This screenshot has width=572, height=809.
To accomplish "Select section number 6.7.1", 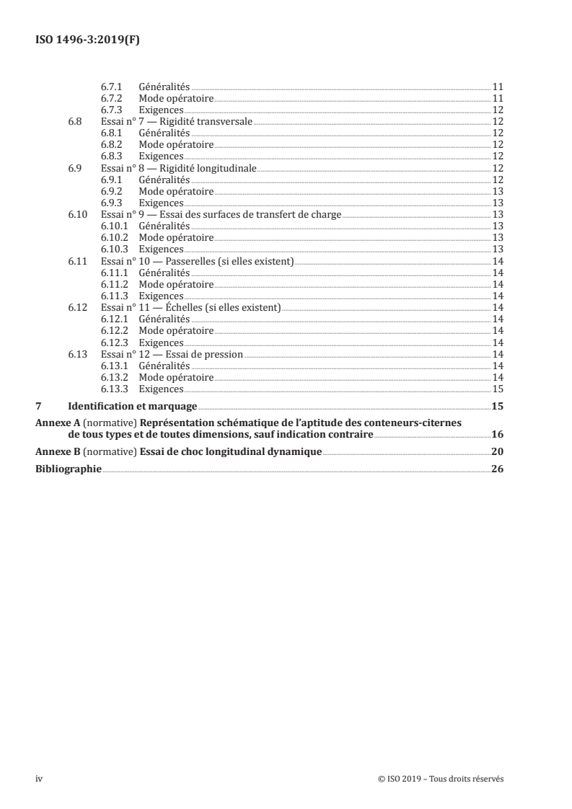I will coord(110,87).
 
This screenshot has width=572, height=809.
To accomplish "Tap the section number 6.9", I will coord(74,168).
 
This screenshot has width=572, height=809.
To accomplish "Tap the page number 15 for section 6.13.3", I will coord(497,389).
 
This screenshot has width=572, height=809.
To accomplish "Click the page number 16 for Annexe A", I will coord(497,435).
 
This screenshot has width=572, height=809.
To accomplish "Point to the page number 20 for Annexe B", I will coord(497,451).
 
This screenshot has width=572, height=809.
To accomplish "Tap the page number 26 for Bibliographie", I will coord(497,469).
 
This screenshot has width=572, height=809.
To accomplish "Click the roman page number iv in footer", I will coord(39,779).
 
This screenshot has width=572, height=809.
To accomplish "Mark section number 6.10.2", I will coord(113,237).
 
